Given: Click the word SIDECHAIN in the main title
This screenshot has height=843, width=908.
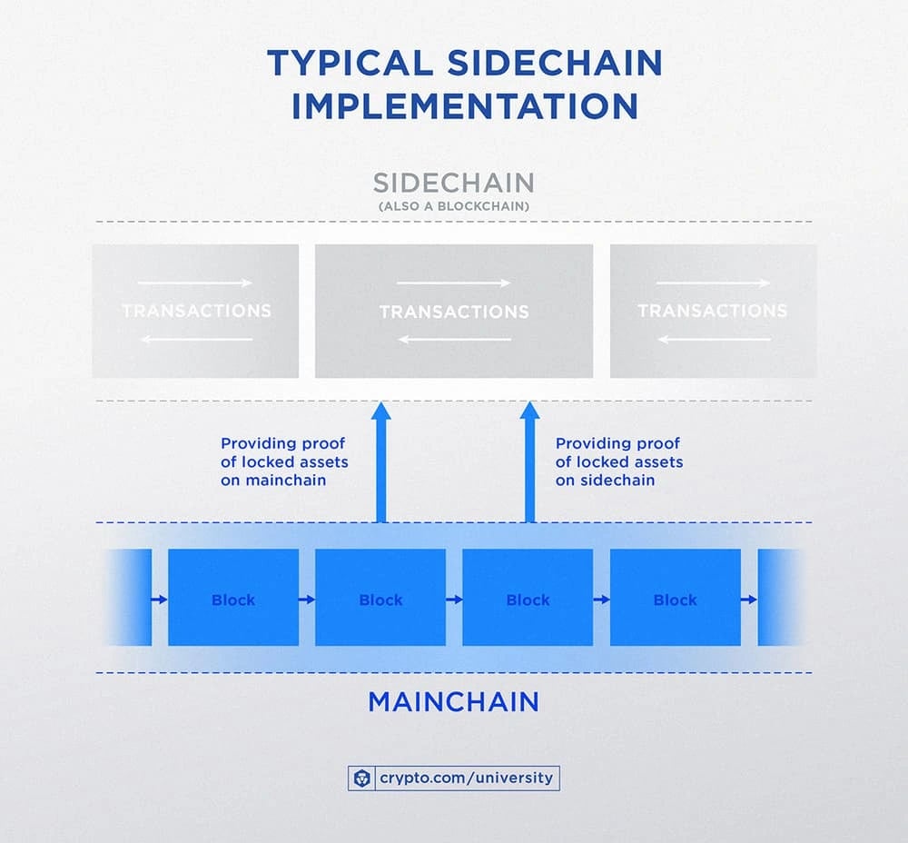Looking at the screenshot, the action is coord(555,63).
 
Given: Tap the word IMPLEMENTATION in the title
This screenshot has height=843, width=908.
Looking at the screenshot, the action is coord(465,106).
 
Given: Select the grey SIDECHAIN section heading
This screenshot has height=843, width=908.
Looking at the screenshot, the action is coord(453,183).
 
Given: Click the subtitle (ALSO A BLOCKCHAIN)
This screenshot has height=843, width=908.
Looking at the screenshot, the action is coord(453,206).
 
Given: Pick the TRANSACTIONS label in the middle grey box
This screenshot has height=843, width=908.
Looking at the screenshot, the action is coord(454,312).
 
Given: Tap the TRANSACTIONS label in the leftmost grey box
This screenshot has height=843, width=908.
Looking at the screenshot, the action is coord(196,311).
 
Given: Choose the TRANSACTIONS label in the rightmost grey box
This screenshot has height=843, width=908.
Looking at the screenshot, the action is coord(712,311).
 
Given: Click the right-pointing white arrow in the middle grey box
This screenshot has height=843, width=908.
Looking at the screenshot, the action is coord(454,283).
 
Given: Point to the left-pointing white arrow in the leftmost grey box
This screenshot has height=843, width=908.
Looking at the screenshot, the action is coord(197,339).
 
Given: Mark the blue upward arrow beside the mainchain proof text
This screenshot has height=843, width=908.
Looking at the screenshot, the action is coord(381,461).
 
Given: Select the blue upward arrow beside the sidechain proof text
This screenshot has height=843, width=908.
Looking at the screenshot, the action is coord(530,461).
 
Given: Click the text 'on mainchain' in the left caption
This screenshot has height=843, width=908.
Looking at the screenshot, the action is coord(273,481).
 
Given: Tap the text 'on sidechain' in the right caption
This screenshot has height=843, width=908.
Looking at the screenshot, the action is coord(605,481).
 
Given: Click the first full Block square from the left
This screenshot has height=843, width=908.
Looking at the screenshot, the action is coord(233,598).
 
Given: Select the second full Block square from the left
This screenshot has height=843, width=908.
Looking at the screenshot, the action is coord(380,598).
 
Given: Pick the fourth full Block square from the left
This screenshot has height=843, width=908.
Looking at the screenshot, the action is coord(676,598).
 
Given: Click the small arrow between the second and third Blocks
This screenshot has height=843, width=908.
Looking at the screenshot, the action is coord(454,599).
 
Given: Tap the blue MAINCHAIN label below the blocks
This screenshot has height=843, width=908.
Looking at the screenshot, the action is coord(453,701).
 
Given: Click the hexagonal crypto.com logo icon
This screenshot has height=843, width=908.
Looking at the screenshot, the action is coord(362,779).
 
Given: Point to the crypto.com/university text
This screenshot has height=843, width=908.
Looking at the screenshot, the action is coord(466,778).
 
